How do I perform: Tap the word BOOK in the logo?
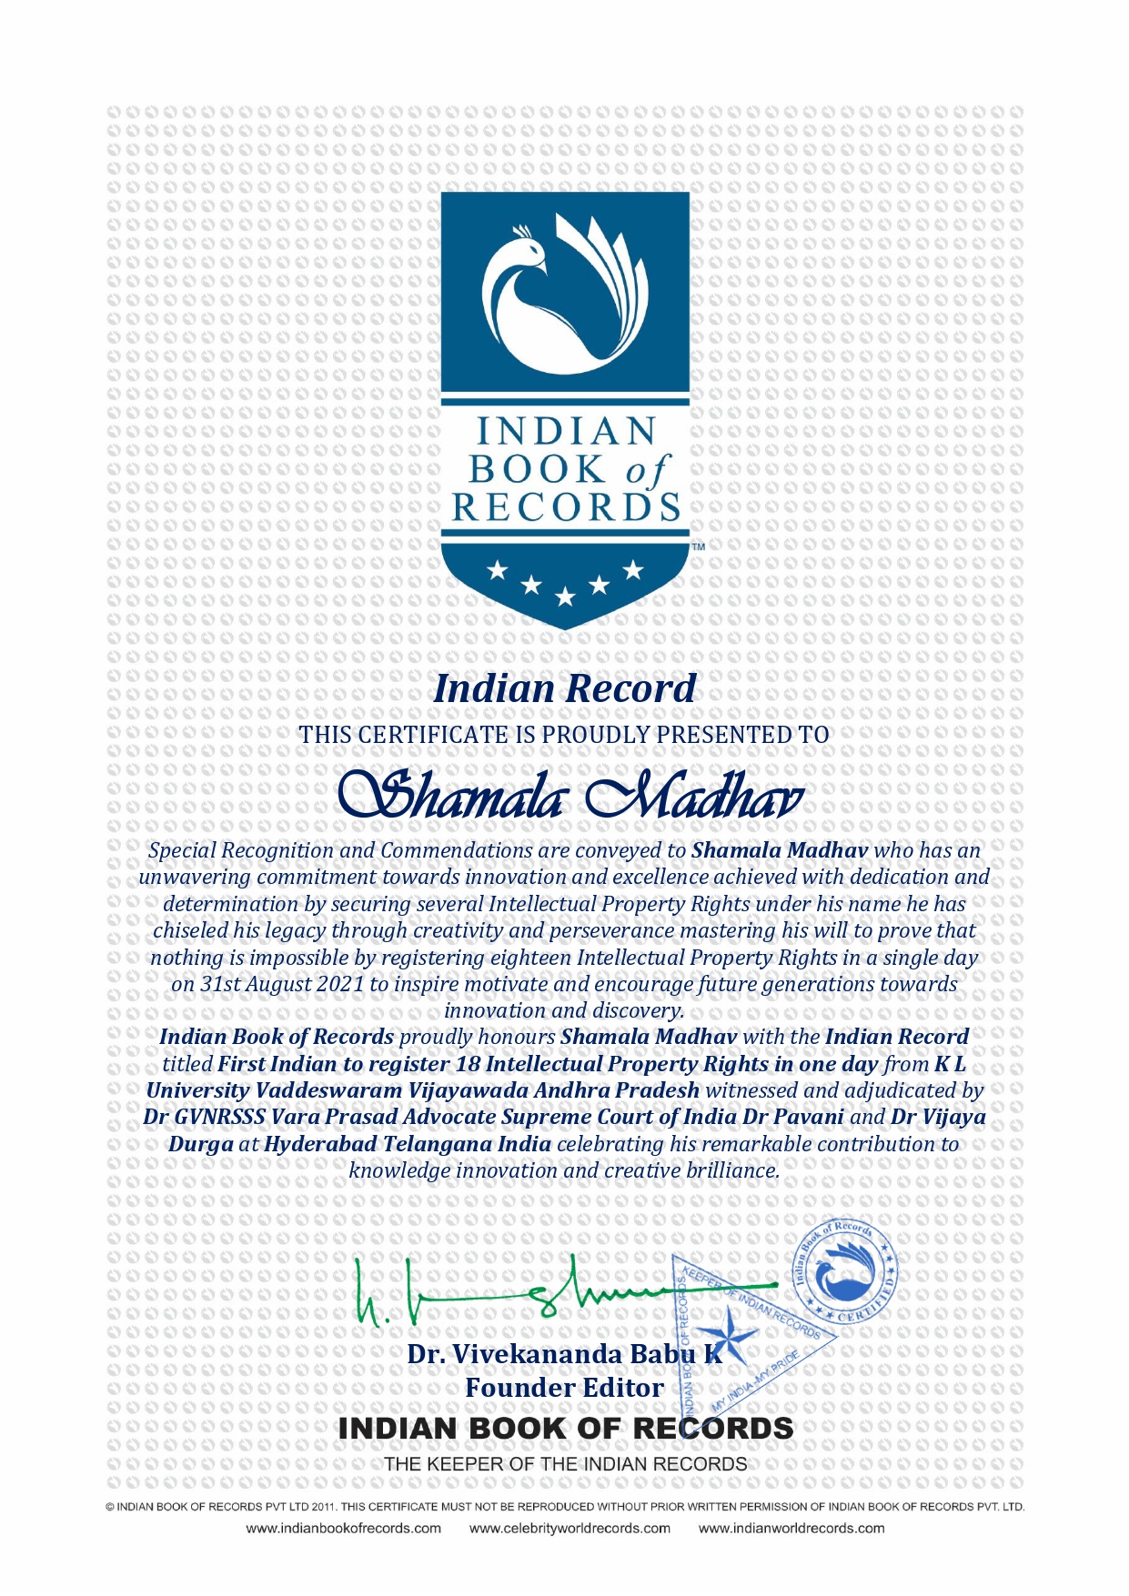point(537,469)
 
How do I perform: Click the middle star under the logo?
point(565,597)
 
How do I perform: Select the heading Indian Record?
point(564,688)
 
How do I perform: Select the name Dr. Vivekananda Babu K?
point(564,1354)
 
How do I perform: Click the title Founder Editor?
point(564,1388)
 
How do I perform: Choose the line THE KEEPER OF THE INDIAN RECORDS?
point(565,1464)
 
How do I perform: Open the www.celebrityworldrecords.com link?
point(570,1528)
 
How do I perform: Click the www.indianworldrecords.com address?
point(791,1528)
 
